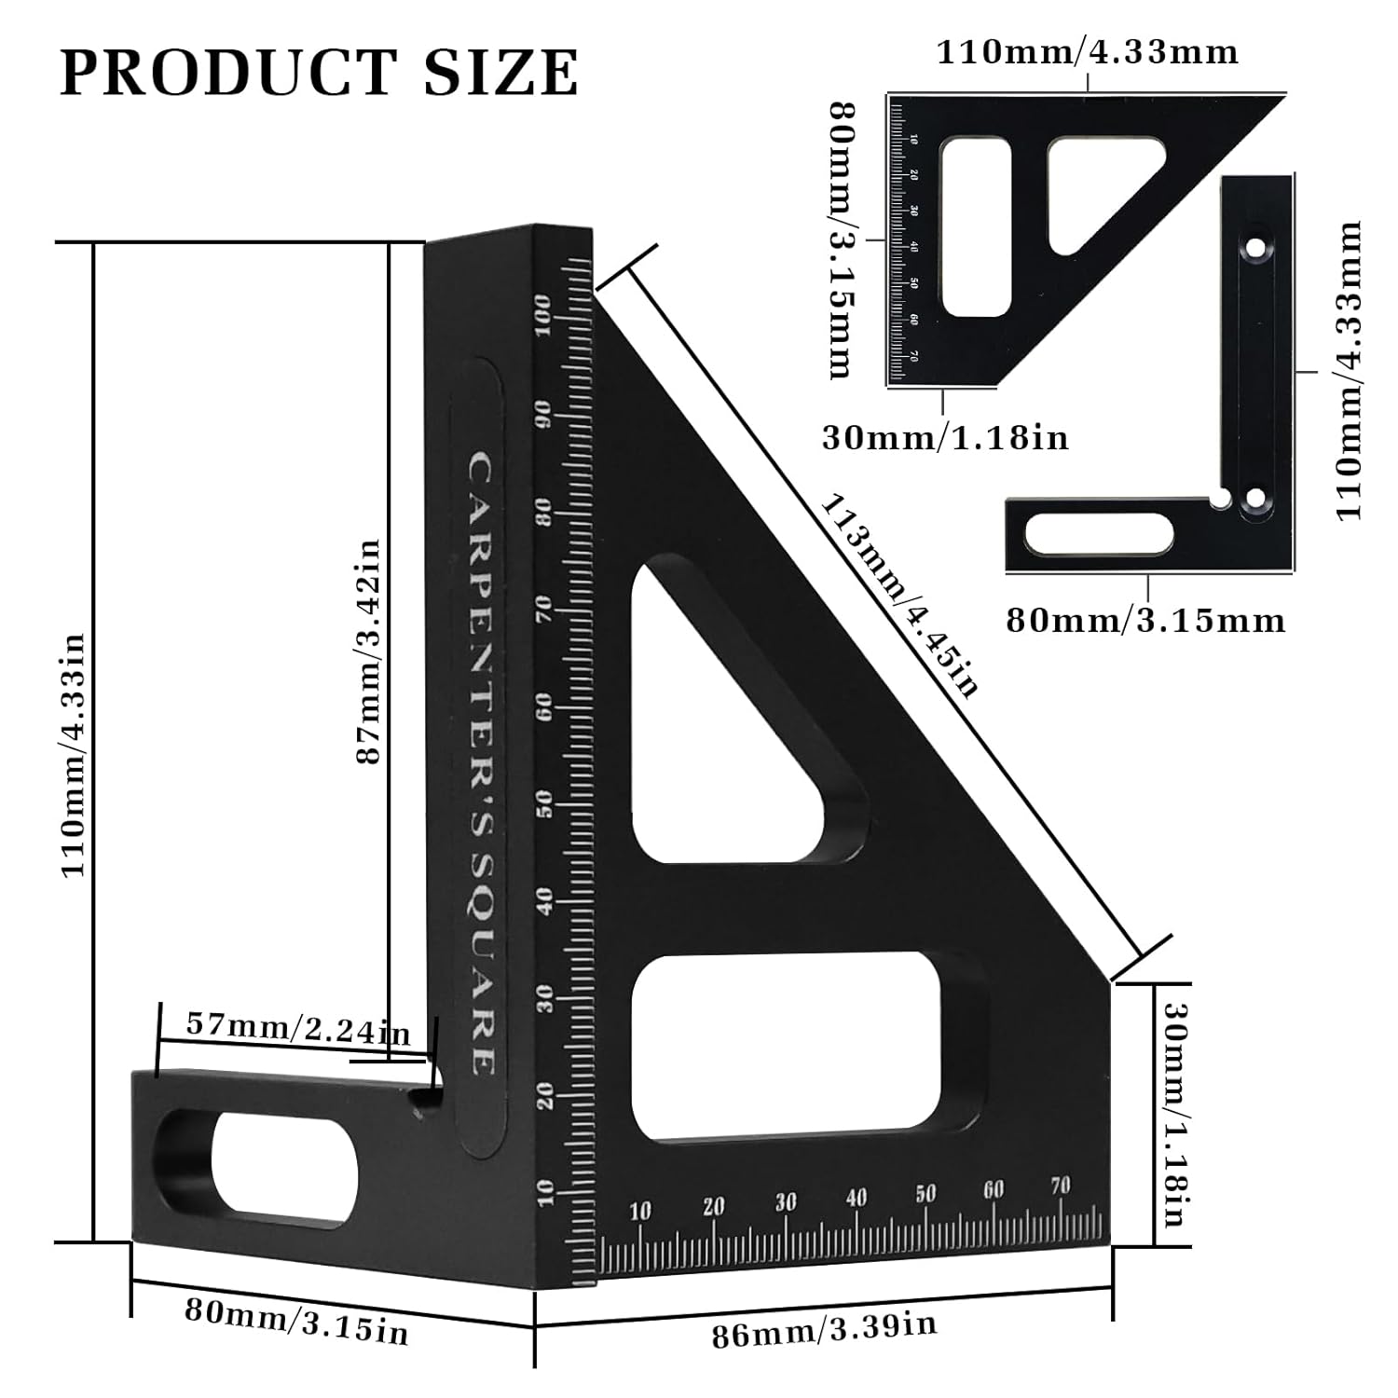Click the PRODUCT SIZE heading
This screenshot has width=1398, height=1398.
click(319, 73)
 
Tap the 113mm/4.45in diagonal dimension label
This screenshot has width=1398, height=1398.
click(899, 596)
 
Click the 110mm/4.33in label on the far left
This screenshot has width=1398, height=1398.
click(74, 755)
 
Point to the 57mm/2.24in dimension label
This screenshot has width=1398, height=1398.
click(298, 1028)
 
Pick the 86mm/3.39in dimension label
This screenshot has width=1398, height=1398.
click(824, 1330)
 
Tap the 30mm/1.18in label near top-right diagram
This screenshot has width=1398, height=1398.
click(944, 437)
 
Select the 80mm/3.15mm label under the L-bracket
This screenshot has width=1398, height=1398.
click(1145, 621)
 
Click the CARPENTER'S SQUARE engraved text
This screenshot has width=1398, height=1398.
click(481, 764)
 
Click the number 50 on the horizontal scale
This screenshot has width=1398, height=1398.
click(925, 1195)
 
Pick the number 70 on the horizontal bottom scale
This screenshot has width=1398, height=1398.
click(1060, 1186)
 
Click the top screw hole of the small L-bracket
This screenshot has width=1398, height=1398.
click(1256, 250)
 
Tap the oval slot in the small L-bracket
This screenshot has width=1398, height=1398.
click(1098, 534)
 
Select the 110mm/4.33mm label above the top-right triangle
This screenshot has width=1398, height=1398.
click(1087, 52)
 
